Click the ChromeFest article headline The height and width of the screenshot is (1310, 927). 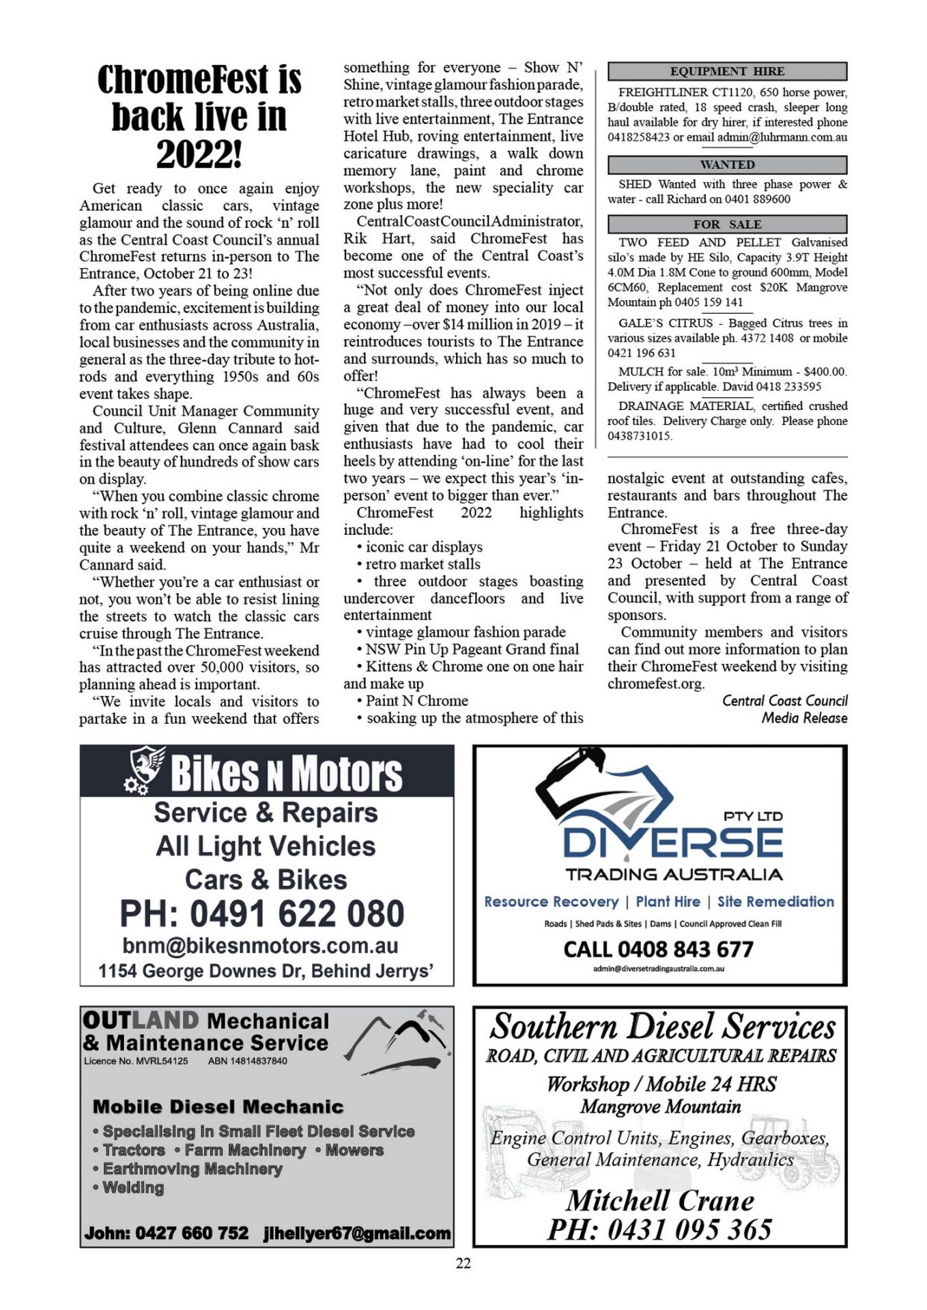coord(199,117)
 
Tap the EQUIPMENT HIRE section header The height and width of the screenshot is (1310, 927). coord(727,71)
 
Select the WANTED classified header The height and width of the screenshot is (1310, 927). coord(727,164)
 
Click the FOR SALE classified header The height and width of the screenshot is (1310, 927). coord(727,224)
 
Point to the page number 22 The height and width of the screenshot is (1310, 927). coord(463,1263)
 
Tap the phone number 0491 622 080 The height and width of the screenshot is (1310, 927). coord(262,913)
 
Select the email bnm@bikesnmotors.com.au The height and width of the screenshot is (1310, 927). coord(260,946)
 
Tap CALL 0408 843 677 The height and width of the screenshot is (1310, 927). coord(658,949)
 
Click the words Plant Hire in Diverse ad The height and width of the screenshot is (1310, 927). coord(668,901)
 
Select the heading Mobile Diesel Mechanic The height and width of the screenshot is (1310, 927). coord(218,1107)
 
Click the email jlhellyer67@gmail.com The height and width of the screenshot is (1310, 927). coord(357,1234)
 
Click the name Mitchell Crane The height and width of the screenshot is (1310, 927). coord(660,1200)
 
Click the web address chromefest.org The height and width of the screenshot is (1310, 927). coord(655,684)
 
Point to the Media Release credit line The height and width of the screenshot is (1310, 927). coord(804,718)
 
